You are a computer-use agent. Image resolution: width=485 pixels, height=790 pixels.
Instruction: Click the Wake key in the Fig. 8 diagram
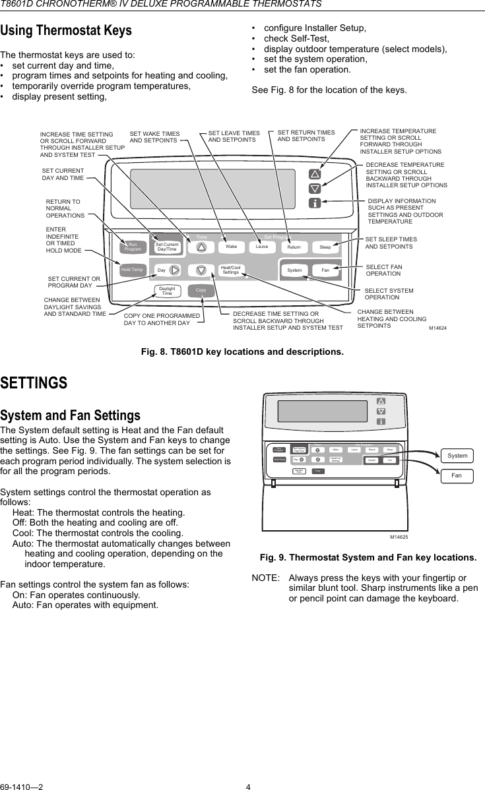point(231,247)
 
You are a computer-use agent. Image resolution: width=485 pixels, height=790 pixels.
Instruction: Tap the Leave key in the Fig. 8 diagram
point(262,247)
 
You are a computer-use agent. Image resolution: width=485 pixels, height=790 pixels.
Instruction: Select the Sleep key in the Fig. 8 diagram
point(325,247)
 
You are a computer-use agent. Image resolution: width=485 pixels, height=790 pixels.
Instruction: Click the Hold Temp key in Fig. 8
point(132,270)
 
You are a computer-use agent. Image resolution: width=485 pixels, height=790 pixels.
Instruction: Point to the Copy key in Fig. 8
point(201,291)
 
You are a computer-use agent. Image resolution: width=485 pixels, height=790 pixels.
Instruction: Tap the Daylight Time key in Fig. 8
point(167,291)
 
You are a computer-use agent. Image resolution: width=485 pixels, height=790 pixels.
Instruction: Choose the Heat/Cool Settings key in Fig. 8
point(230,270)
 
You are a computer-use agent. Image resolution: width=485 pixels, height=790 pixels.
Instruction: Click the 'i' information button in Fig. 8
point(315,202)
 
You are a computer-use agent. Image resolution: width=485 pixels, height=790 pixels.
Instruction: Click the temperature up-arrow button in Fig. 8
point(315,175)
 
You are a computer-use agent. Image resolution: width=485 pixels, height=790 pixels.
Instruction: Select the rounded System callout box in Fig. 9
point(457,456)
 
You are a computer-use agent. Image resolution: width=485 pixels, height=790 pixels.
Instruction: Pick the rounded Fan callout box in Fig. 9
point(457,475)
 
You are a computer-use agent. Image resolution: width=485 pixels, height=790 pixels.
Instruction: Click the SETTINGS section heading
point(34,383)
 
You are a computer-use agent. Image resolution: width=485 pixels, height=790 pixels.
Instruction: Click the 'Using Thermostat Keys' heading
point(66,30)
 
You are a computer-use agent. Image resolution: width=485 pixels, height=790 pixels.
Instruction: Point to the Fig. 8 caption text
point(242,351)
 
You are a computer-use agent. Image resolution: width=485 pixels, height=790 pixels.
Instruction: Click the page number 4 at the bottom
point(248,786)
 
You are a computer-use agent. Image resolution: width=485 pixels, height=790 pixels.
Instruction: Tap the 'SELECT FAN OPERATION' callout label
point(383,270)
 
